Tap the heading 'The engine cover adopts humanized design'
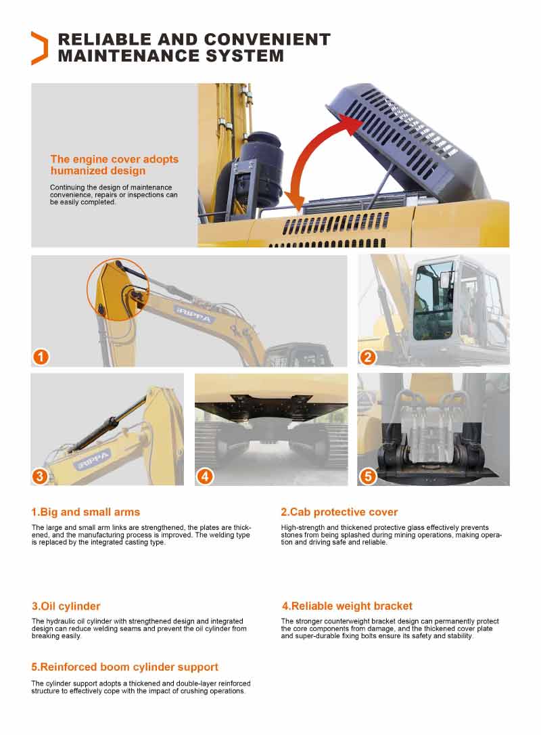[114, 165]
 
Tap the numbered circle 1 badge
[41, 357]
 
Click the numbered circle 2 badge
[367, 357]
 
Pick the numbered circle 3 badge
[40, 476]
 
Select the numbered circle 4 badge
[205, 476]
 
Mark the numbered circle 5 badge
[368, 476]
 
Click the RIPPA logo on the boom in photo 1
[194, 315]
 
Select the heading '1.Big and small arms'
[86, 512]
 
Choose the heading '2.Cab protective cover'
[339, 512]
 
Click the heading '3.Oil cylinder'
[66, 606]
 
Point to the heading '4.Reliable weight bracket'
[347, 606]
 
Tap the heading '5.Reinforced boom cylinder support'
[125, 667]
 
